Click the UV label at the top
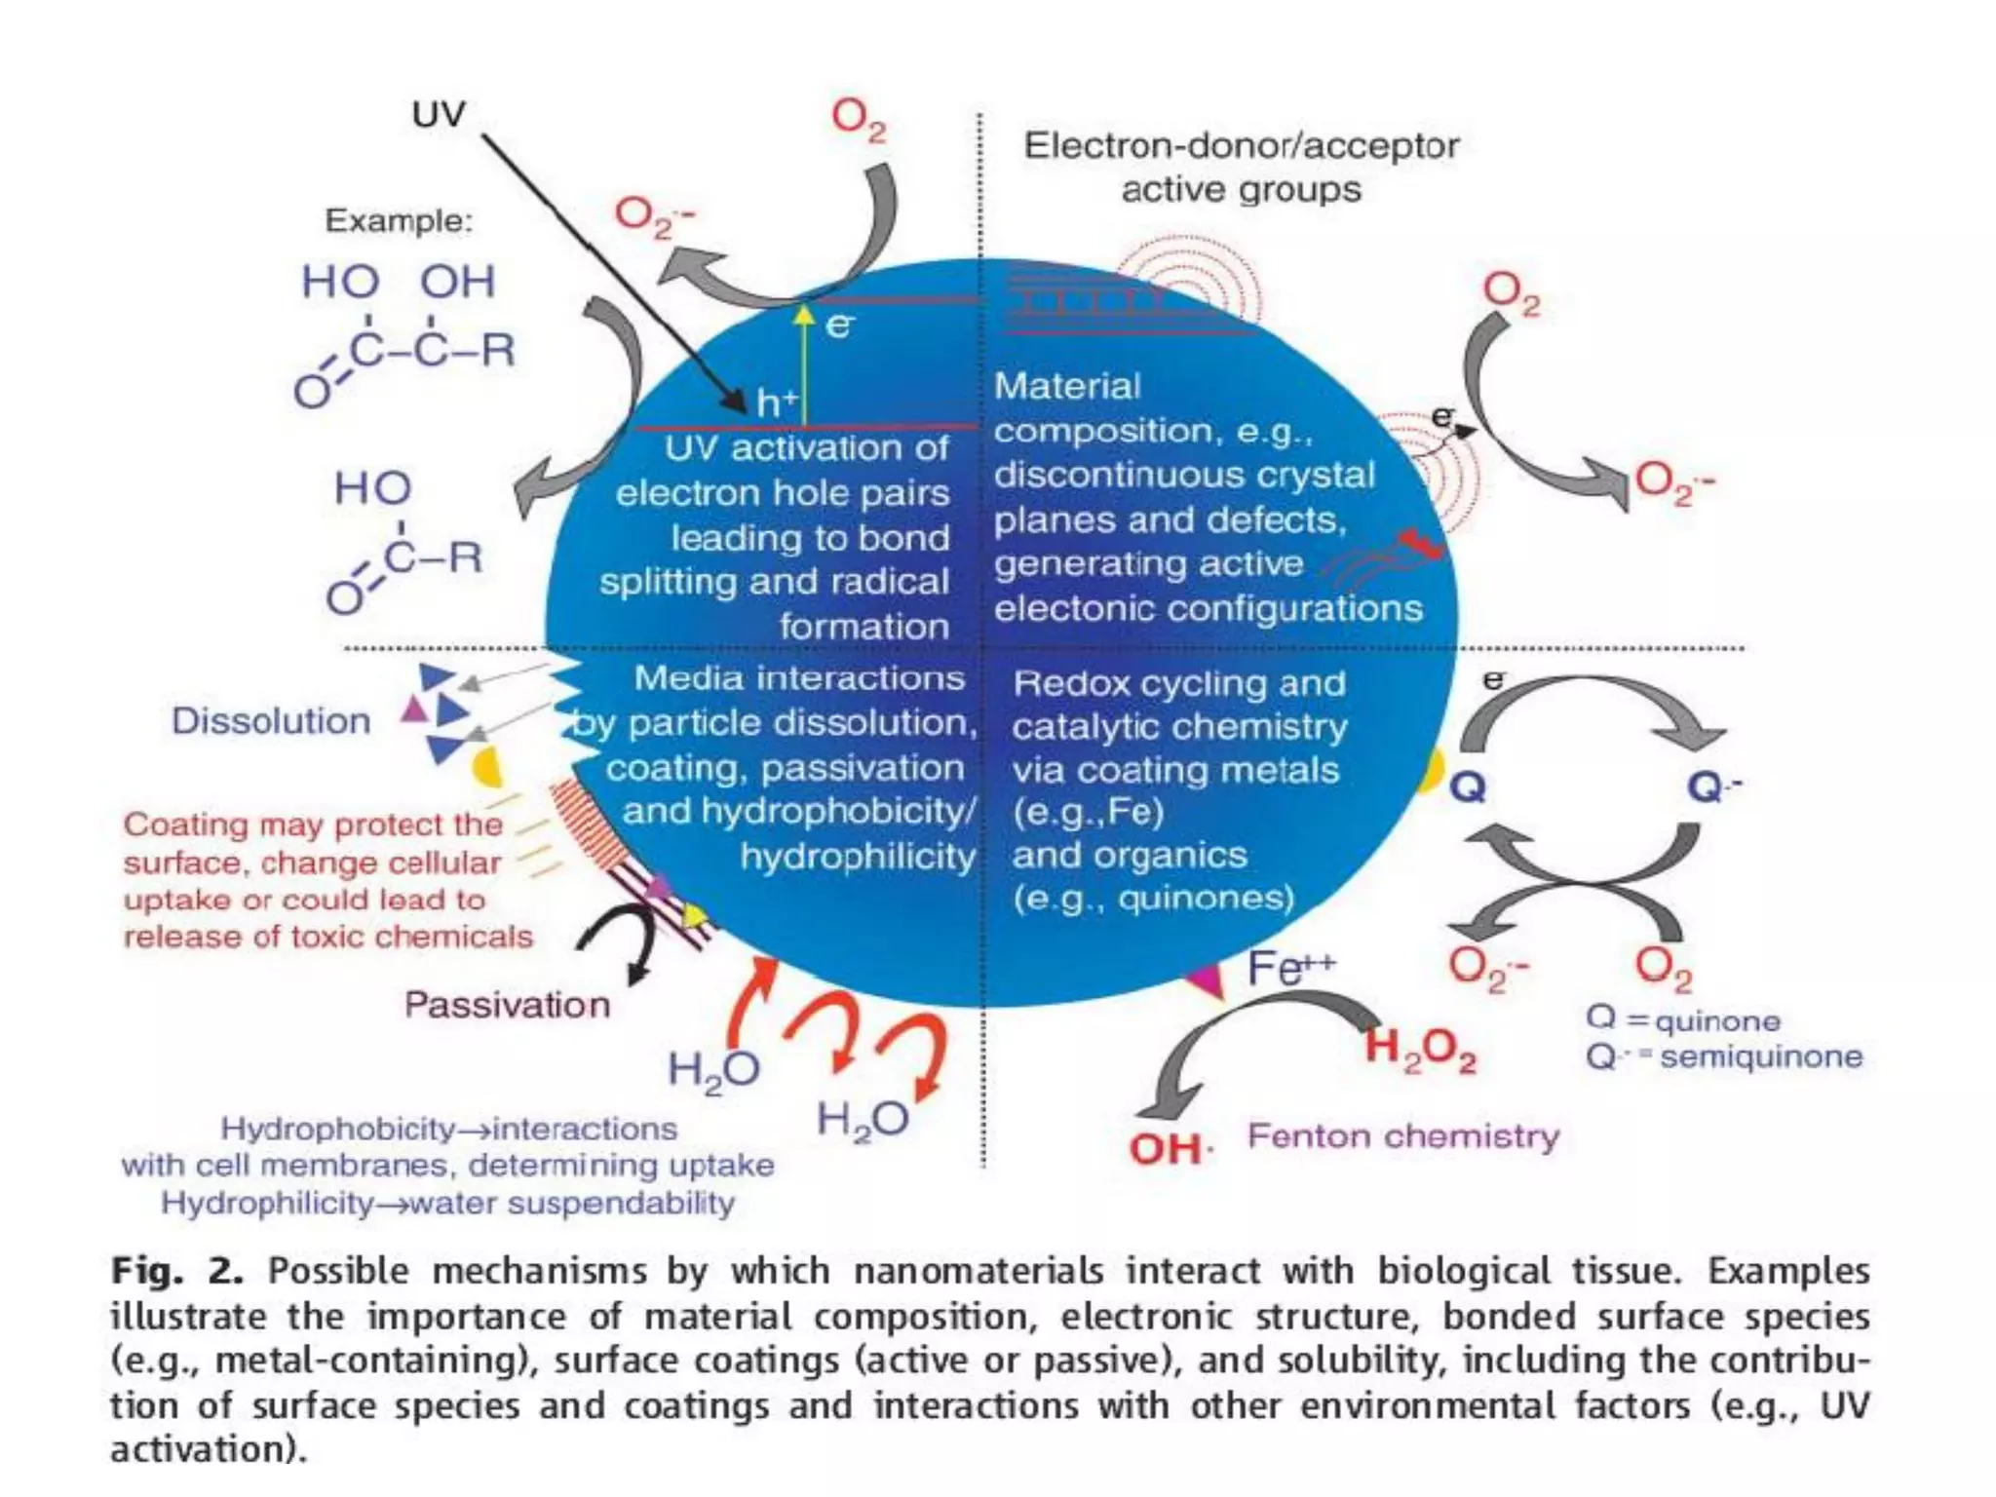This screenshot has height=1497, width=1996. pyautogui.click(x=439, y=115)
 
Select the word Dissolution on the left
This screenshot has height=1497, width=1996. pyautogui.click(x=271, y=721)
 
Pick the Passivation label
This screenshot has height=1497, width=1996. pyautogui.click(x=507, y=1005)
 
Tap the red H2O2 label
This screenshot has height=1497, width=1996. pyautogui.click(x=1420, y=1050)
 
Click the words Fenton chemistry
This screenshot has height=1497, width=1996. pyautogui.click(x=1403, y=1136)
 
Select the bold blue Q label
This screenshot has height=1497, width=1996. pyautogui.click(x=1468, y=787)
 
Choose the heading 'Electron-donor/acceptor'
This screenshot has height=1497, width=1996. pyautogui.click(x=1241, y=146)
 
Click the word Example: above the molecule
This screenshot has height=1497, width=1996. pyautogui.click(x=399, y=221)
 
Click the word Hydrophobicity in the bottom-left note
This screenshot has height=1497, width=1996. pyautogui.click(x=337, y=1129)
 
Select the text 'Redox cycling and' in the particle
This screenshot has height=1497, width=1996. pyautogui.click(x=1179, y=683)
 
